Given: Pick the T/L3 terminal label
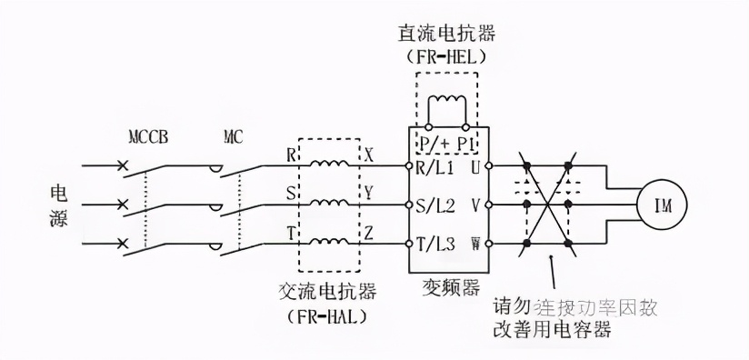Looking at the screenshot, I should click(436, 244).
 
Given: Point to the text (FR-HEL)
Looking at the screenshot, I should click(444, 56).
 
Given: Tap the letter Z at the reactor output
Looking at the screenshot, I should click(369, 232).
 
